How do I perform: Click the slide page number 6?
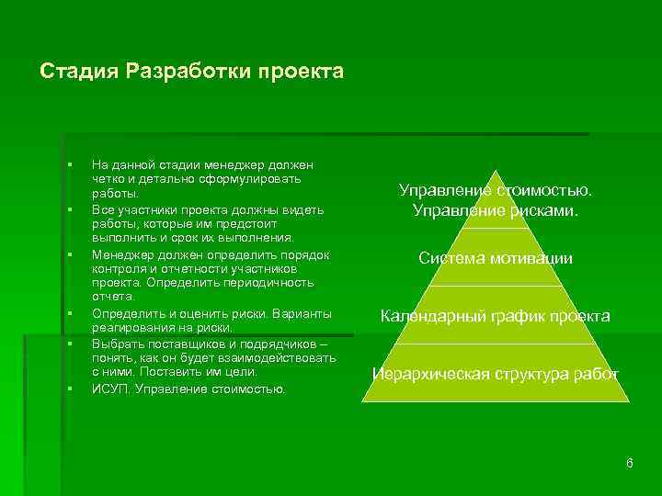pyautogui.click(x=629, y=463)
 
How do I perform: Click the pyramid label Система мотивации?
pyautogui.click(x=496, y=259)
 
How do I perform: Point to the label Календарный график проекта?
pyautogui.click(x=496, y=317)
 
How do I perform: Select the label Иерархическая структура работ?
pyautogui.click(x=496, y=375)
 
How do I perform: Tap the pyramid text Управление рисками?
pyautogui.click(x=496, y=211)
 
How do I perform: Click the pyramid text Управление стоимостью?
pyautogui.click(x=496, y=191)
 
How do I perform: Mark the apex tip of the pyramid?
pyautogui.click(x=496, y=171)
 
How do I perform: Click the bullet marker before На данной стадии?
pyautogui.click(x=70, y=164)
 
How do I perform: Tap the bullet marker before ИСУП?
pyautogui.click(x=70, y=389)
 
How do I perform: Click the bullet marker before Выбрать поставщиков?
pyautogui.click(x=70, y=344)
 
